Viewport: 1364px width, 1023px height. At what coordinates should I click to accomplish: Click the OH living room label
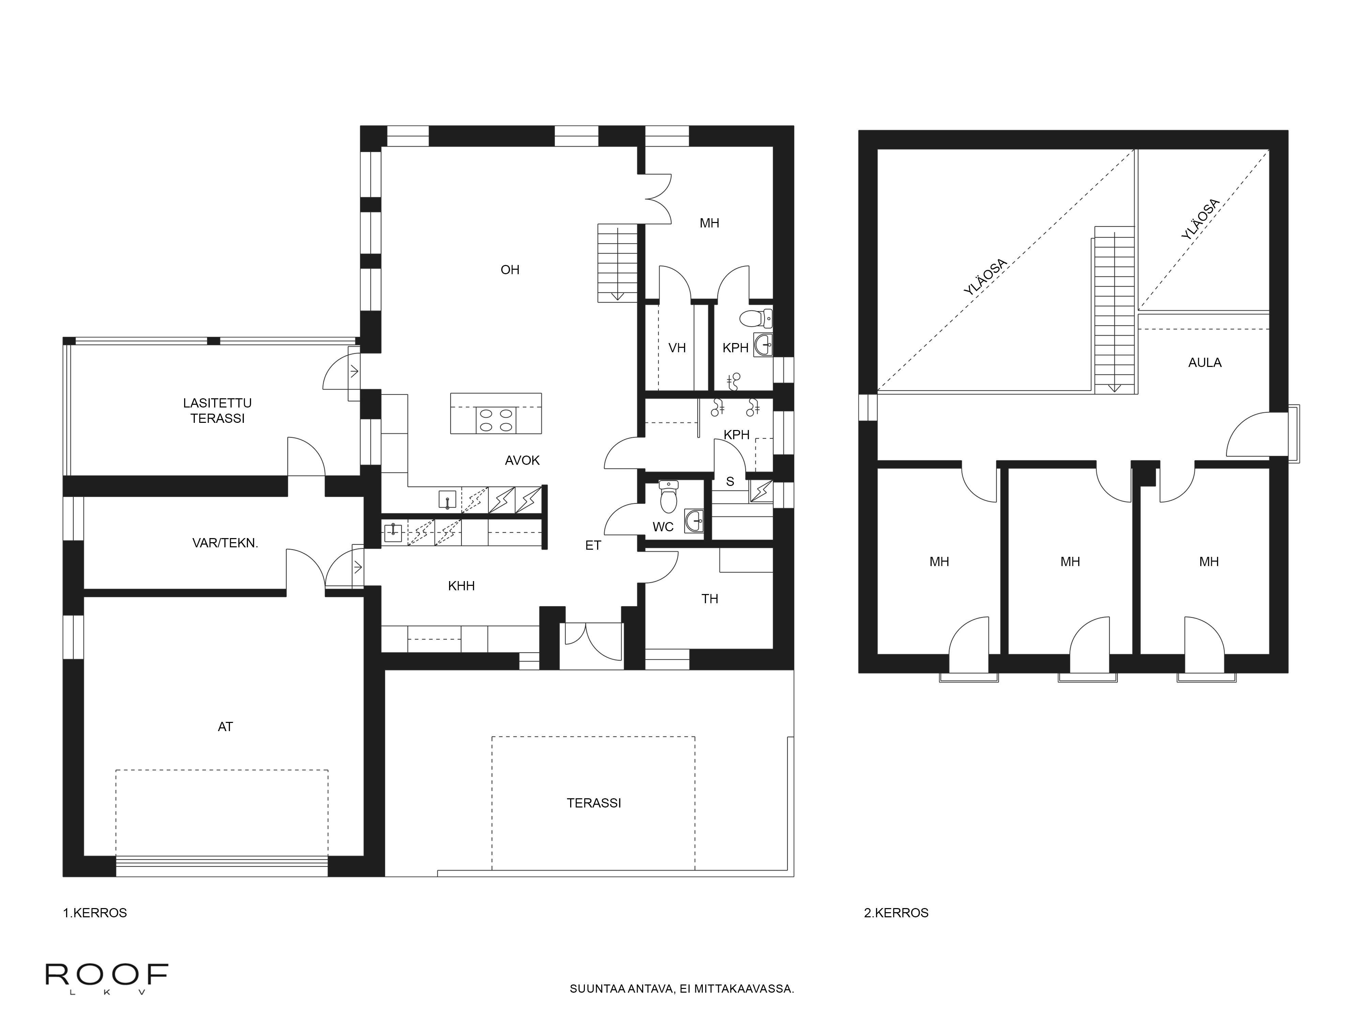[x=509, y=269]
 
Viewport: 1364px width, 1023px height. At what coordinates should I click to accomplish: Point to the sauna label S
[x=730, y=481]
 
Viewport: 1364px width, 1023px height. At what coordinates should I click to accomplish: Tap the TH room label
[x=709, y=599]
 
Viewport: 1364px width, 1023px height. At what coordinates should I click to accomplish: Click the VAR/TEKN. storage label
[x=225, y=543]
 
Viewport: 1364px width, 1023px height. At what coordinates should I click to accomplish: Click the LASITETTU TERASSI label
[x=217, y=411]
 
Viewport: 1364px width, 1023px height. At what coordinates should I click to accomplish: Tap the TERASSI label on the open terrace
[x=593, y=803]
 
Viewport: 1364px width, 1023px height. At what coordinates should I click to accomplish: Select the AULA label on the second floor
[x=1204, y=362]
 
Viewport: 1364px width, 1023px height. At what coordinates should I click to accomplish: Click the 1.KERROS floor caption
[x=94, y=913]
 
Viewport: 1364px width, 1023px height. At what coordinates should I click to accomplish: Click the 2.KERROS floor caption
[x=895, y=913]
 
